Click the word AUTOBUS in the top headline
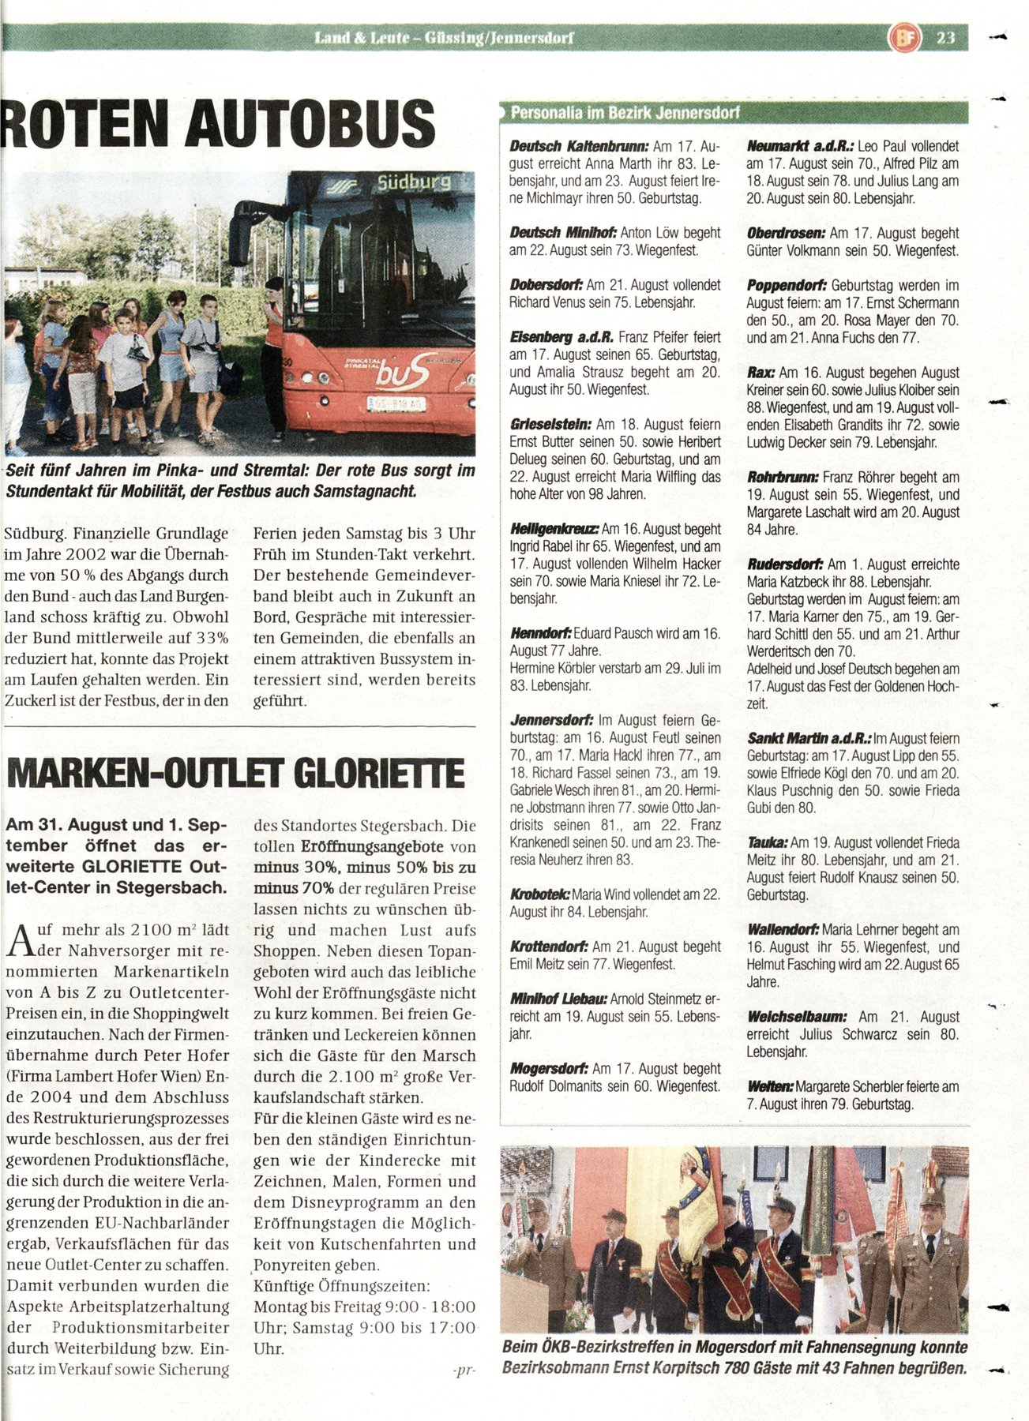(310, 123)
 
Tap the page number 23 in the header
(945, 37)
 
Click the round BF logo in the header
(905, 37)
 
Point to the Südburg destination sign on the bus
(413, 182)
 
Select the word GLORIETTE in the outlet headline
(379, 774)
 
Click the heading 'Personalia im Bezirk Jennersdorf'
(625, 113)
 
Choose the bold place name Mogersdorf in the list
(548, 1069)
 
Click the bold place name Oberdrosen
(786, 234)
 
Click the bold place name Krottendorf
(549, 947)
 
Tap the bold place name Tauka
(767, 843)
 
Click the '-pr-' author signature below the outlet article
(464, 1370)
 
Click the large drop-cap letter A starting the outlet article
(21, 941)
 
